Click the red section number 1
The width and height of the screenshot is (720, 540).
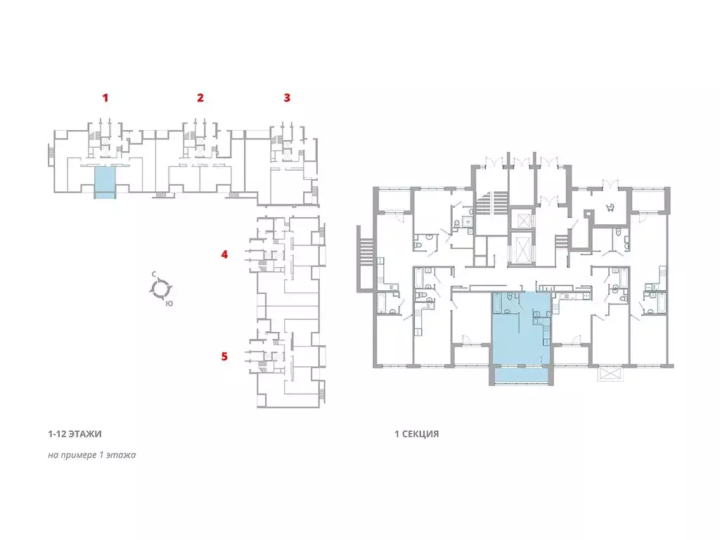click(105, 97)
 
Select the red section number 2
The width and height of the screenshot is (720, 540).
click(200, 97)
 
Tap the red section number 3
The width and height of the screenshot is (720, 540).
click(287, 97)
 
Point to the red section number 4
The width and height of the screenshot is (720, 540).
click(224, 254)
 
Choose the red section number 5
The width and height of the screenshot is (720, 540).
click(224, 356)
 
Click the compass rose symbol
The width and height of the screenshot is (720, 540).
click(161, 288)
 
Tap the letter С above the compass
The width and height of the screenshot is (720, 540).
click(154, 274)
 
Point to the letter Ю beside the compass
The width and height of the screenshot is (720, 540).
click(169, 303)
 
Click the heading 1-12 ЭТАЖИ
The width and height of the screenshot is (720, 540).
click(75, 434)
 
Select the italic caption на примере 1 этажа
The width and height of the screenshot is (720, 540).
click(92, 455)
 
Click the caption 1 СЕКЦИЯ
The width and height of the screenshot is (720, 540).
click(417, 434)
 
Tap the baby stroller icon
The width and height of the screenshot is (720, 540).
click(611, 207)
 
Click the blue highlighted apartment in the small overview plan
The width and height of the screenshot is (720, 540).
click(105, 183)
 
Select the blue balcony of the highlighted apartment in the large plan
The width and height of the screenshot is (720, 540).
click(521, 375)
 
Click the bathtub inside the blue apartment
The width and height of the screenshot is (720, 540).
click(497, 302)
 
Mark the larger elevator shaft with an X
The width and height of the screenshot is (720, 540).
click(521, 249)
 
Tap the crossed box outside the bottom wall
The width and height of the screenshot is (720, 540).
click(610, 373)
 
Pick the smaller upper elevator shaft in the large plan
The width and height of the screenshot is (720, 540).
click(523, 219)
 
